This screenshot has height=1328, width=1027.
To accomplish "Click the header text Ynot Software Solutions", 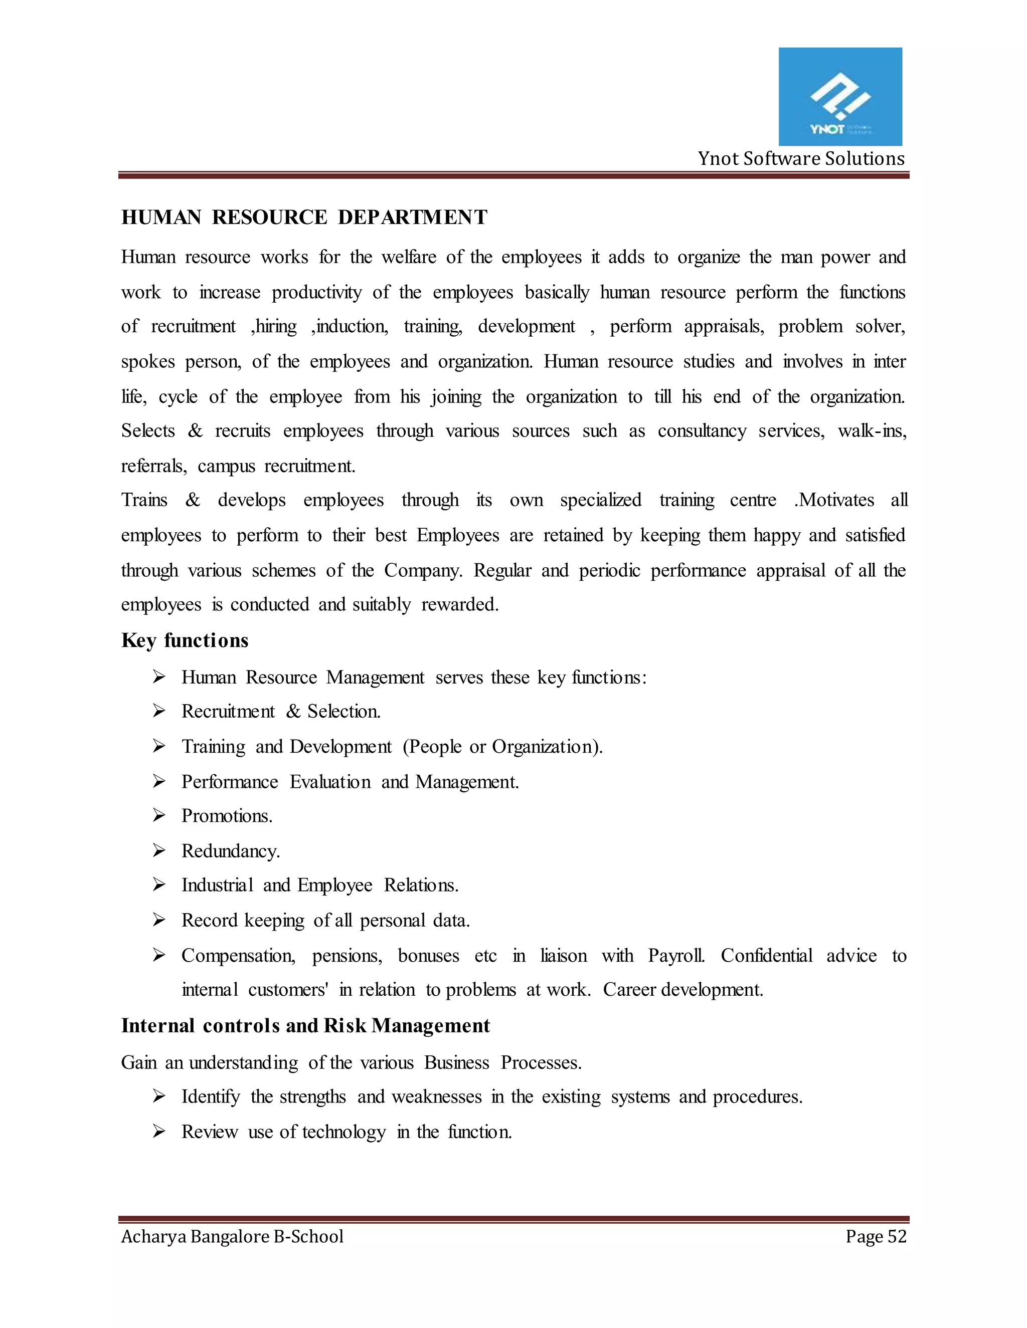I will point(801,159).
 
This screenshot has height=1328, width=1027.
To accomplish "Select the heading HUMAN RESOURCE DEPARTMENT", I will point(304,217).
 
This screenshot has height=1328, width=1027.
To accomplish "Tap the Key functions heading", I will point(185,640).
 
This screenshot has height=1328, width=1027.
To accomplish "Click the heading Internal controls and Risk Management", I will point(305,1026).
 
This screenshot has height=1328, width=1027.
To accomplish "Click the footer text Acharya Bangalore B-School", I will point(232,1236).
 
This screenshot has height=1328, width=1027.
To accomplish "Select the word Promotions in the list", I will point(226,816).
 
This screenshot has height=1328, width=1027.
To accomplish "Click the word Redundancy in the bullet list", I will point(230,851).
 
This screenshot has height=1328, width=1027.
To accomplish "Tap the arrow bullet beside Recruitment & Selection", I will point(159,711).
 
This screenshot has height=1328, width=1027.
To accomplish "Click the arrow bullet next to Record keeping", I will point(159,920).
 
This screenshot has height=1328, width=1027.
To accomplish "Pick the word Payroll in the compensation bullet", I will point(676,956).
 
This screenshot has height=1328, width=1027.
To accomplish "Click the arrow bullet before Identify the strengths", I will point(159,1096).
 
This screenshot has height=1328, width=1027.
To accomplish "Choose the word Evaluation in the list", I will point(330,782).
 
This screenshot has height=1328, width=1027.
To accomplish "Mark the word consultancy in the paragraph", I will point(702,431).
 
